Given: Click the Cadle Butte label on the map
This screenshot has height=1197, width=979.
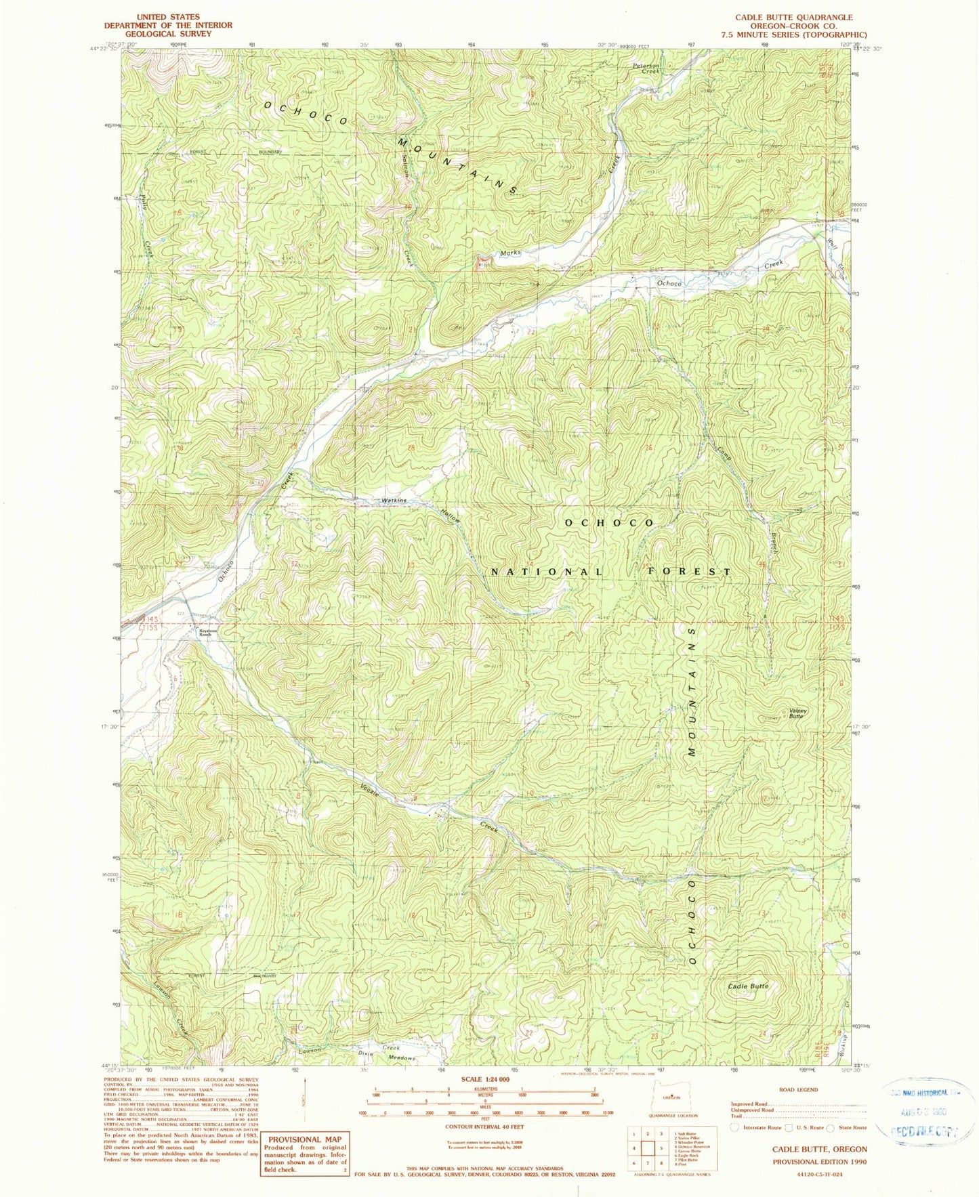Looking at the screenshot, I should click(x=748, y=986).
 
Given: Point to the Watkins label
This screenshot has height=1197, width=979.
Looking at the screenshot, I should click(x=394, y=501).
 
